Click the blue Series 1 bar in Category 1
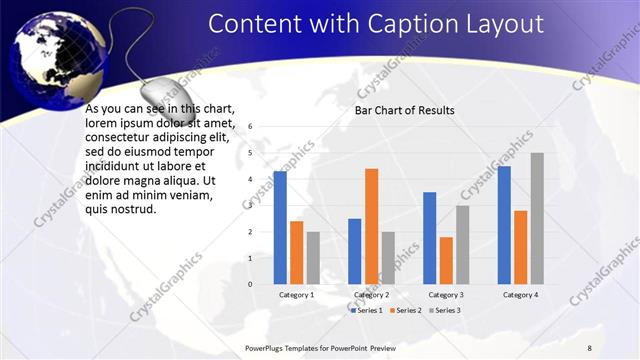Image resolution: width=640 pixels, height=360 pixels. [280, 228]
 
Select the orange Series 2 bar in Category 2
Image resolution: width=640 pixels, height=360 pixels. [371, 226]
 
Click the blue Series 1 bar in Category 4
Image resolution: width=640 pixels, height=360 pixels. [504, 225]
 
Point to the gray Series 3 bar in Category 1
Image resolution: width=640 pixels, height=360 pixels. [313, 258]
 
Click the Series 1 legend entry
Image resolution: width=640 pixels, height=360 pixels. [369, 311]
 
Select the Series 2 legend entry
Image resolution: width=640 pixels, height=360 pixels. [407, 311]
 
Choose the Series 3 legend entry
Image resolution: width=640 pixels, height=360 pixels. [445, 311]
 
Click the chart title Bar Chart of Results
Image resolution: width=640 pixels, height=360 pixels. [405, 110]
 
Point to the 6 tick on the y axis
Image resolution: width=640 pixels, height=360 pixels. [250, 127]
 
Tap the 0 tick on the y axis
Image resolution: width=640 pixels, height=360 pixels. [250, 284]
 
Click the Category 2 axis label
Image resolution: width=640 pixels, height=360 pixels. [371, 295]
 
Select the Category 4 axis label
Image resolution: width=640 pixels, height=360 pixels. [520, 295]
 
